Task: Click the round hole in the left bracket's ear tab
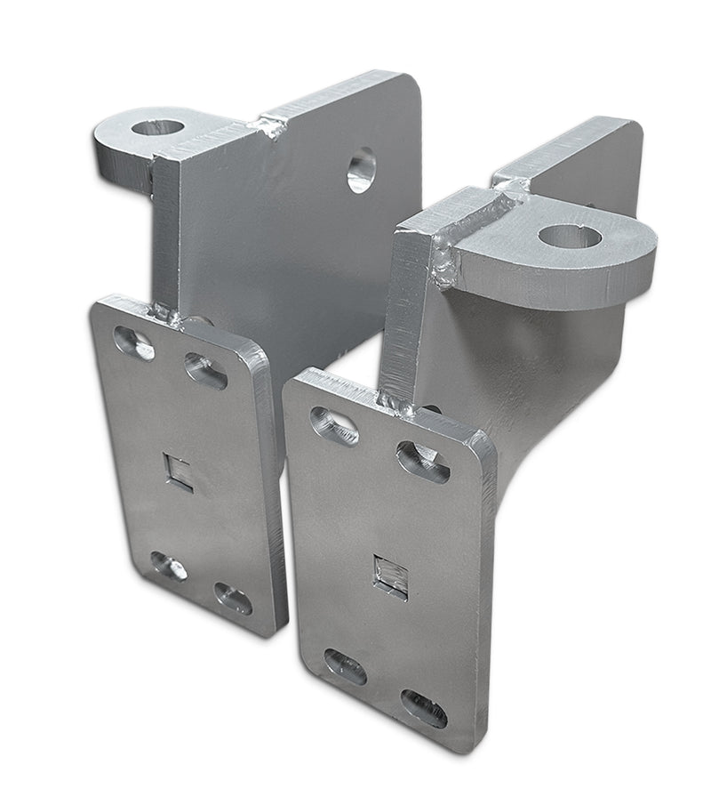157,126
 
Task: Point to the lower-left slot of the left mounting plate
168,566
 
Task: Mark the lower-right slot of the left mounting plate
233,598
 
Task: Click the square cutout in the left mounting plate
178,471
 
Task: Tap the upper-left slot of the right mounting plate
334,426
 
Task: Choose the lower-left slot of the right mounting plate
345,666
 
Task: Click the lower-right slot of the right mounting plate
424,708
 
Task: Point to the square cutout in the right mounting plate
390,576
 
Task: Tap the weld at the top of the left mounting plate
165,312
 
